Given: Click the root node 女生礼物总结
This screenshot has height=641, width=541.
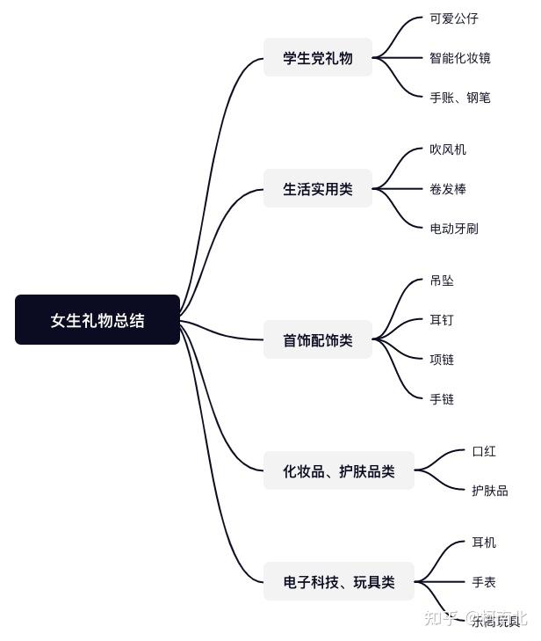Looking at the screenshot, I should pos(97,320).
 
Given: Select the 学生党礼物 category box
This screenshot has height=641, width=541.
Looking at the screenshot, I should pos(318,58).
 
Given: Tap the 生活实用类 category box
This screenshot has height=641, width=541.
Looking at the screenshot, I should pos(318,189).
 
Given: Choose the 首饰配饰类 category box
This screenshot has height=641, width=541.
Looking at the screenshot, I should pos(318,340).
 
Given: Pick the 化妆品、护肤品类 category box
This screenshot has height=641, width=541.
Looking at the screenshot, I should pos(339,471).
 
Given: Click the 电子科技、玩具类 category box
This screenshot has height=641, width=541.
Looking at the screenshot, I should pos(339,582).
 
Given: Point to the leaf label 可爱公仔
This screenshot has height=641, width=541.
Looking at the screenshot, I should pos(454,18).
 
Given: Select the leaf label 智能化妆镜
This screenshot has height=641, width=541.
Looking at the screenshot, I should pos(460,58).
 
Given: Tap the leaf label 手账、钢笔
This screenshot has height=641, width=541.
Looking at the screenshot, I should pos(460,98).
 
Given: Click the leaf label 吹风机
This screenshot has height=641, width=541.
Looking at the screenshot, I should pos(448,149).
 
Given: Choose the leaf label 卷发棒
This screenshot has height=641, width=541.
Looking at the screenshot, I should pos(448,189).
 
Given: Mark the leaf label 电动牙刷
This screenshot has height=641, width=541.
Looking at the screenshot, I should pos(454,229).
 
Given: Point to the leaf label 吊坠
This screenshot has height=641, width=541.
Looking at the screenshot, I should pos(442,280).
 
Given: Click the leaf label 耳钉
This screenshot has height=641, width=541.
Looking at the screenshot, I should pos(442,320).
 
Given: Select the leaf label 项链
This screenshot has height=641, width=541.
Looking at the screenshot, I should pos(442,360).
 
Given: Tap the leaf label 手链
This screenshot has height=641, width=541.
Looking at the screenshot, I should pos(442,399).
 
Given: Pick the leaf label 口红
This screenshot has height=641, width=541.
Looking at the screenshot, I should pos(484,451).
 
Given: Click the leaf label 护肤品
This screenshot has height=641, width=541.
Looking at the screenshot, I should pos(490,491).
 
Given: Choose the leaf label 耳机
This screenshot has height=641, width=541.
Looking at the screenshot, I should pos(484,543).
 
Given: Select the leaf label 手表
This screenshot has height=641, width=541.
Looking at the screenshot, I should pos(484,582).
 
